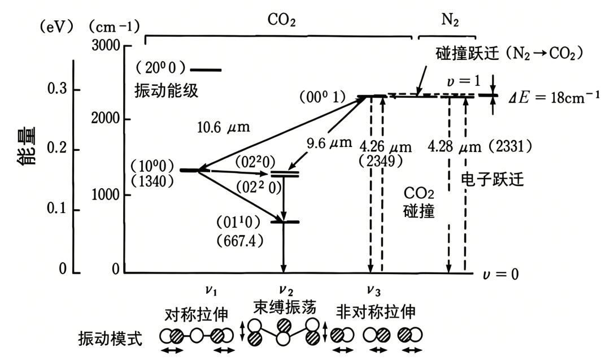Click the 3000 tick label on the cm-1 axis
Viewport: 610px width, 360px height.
click(x=106, y=45)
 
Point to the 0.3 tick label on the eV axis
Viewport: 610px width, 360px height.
click(x=57, y=89)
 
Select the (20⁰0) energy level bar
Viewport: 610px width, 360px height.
click(x=206, y=70)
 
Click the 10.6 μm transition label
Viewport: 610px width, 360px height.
click(x=223, y=127)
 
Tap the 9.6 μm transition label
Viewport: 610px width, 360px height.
click(x=329, y=143)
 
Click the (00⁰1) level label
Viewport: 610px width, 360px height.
click(x=323, y=97)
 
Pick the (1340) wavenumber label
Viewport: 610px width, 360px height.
click(x=152, y=181)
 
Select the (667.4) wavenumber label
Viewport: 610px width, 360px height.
click(x=240, y=241)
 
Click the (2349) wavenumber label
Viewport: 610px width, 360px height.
click(x=381, y=161)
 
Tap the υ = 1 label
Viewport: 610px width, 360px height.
click(x=464, y=81)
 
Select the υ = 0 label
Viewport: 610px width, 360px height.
click(x=500, y=274)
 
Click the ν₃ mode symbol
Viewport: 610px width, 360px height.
click(x=374, y=290)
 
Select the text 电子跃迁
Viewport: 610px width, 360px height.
click(x=493, y=179)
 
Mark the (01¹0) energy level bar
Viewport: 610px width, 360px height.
click(x=285, y=222)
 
